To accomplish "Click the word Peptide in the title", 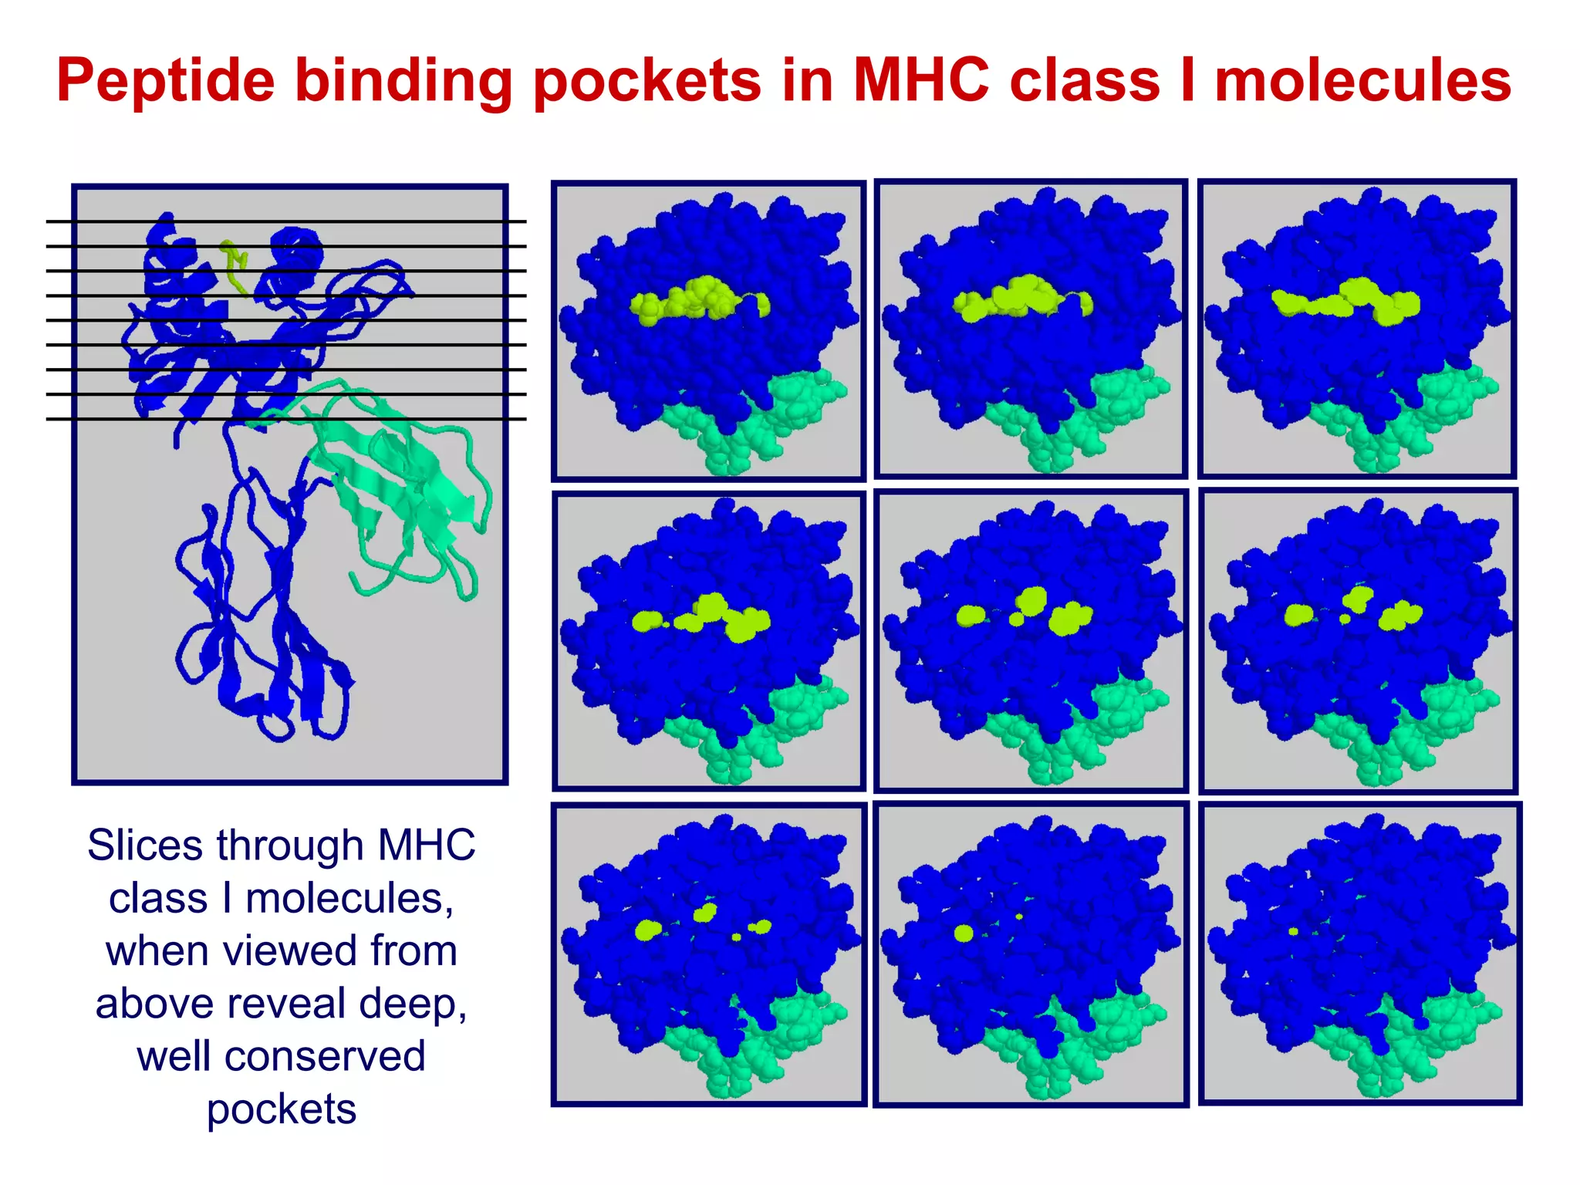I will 165,80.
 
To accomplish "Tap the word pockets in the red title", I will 647,80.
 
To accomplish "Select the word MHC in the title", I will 921,80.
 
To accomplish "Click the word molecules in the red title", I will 1362,80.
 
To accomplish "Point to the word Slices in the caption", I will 147,845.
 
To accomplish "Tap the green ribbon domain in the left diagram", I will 401,478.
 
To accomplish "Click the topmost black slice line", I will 285,221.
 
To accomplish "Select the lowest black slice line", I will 285,419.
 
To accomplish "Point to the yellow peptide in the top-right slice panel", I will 1346,302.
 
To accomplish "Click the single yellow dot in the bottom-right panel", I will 1294,931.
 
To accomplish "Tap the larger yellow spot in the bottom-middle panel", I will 964,934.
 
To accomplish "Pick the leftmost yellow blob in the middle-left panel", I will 647,620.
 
